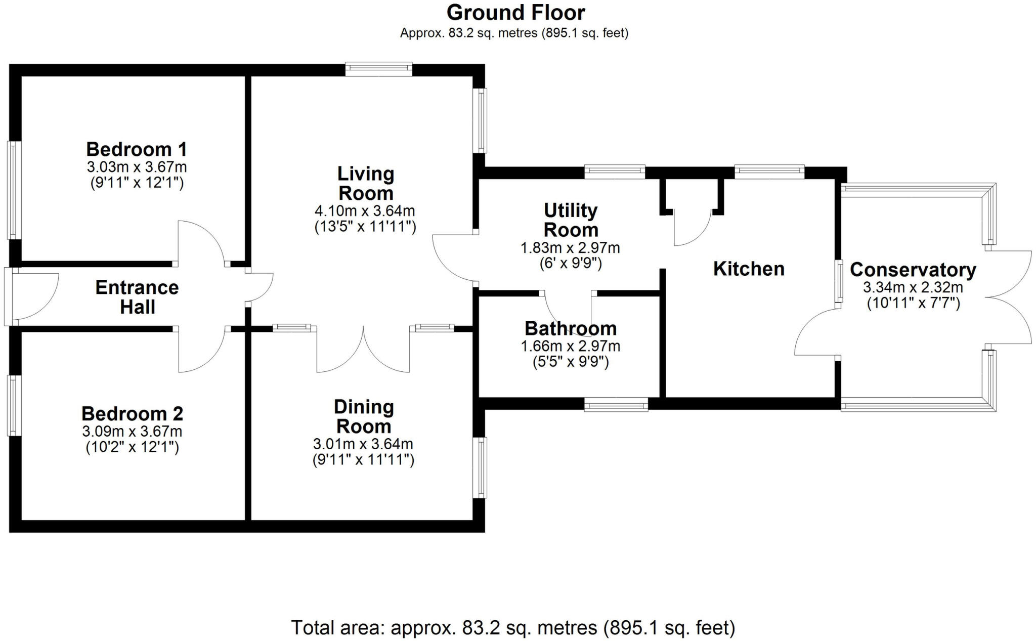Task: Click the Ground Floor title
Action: (515, 13)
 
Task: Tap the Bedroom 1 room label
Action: (137, 149)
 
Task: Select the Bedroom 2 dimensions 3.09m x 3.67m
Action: (132, 432)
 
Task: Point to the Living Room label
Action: (366, 183)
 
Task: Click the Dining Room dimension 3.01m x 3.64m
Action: (363, 444)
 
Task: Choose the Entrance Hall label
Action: (137, 297)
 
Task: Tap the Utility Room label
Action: (571, 220)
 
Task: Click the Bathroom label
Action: (571, 328)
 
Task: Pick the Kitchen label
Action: (749, 269)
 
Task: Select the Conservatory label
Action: (913, 270)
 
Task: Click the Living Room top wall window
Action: (379, 69)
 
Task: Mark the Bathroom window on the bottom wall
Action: (616, 404)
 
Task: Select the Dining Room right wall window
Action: (480, 468)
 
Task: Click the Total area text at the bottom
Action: (513, 628)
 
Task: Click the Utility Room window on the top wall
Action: (615, 172)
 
